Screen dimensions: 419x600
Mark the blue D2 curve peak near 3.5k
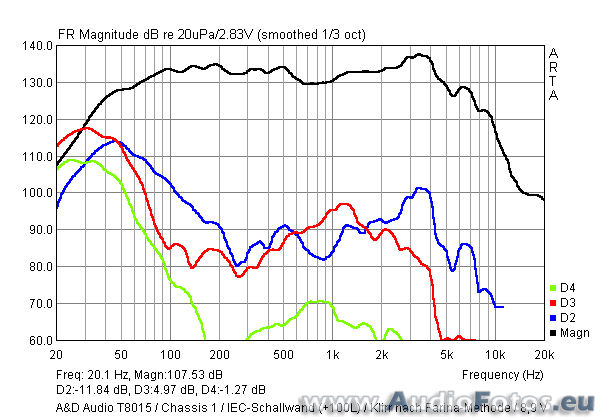420,188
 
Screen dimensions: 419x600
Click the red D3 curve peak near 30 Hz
86,128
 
